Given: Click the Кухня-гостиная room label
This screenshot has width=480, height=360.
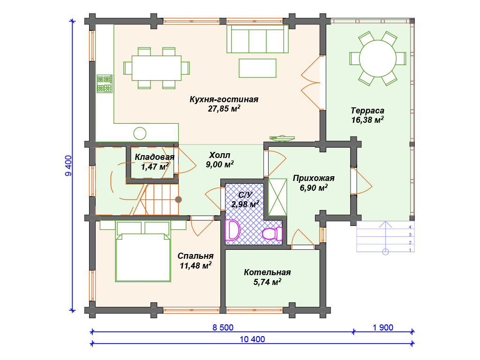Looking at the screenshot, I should click(x=224, y=99).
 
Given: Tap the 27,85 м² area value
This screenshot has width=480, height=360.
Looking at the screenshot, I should click(x=224, y=109).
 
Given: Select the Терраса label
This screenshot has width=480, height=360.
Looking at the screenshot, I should click(x=367, y=111).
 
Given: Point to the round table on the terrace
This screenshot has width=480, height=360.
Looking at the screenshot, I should click(x=377, y=59).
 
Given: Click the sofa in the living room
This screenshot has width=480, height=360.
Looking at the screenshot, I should click(x=257, y=39).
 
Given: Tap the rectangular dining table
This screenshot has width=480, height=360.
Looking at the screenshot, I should click(x=157, y=68).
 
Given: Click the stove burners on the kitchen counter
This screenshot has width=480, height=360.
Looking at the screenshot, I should click(x=105, y=83).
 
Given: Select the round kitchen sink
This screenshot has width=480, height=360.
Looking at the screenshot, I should click(x=140, y=133).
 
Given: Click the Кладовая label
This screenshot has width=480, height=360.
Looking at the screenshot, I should click(x=155, y=157).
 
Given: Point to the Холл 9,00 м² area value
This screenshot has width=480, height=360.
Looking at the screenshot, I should click(x=219, y=165).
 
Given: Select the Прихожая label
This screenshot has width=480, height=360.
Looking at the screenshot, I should click(x=314, y=178).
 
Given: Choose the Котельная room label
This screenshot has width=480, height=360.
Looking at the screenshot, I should click(x=267, y=273).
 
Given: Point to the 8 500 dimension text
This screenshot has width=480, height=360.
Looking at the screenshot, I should click(x=223, y=327).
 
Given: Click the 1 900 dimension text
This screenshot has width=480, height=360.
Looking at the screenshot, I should click(x=383, y=327).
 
